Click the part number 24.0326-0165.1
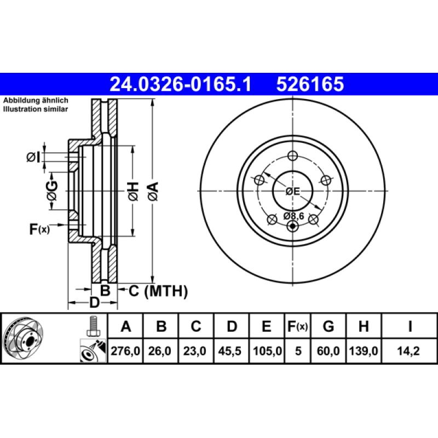pos(180,84)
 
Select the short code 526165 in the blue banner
pos(310,84)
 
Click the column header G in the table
pos(328,327)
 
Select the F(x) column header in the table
pos(298,327)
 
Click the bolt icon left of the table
pos(93,326)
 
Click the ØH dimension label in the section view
pos(133,191)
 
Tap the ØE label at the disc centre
pos(293,191)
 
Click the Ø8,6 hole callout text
pos(293,216)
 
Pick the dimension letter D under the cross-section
pos(94,302)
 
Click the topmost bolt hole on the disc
pos(292,155)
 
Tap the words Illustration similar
pos(36,109)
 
